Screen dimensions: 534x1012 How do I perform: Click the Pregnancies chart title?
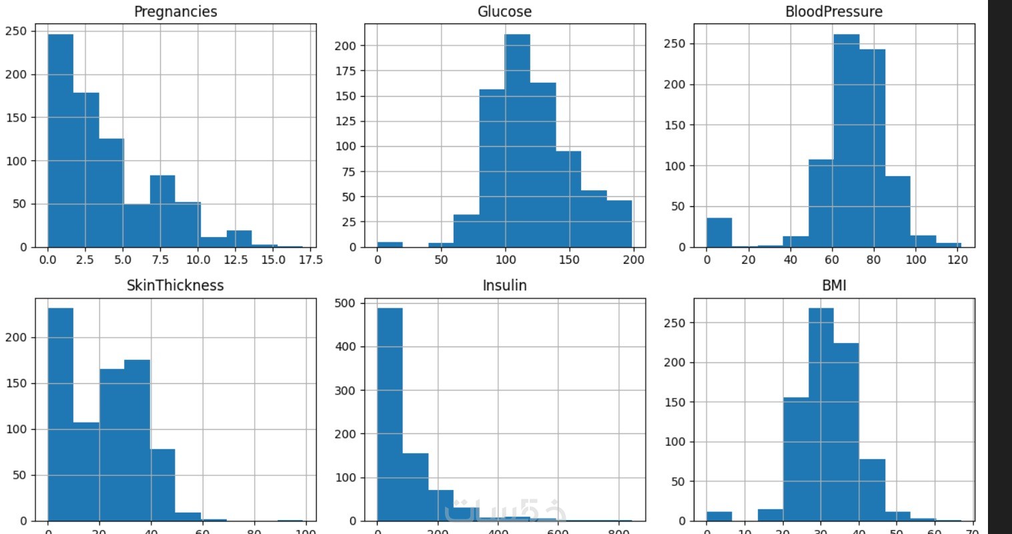tap(175, 11)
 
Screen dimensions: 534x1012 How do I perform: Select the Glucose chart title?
tap(504, 11)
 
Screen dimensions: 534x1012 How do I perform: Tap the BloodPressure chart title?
tap(833, 11)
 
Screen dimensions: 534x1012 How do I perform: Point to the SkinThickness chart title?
tap(175, 286)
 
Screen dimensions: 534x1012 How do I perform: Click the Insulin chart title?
tap(504, 286)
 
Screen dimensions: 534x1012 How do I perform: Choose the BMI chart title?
tap(834, 286)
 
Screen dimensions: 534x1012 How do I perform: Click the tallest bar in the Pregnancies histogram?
tap(60, 140)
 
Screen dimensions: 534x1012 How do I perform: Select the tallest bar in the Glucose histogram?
tap(517, 140)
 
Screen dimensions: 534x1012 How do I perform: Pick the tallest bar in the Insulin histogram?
tap(390, 414)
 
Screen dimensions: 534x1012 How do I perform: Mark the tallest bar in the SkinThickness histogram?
tap(60, 414)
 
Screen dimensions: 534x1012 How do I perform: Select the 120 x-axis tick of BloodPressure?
tap(957, 260)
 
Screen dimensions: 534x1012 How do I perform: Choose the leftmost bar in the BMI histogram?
tap(719, 516)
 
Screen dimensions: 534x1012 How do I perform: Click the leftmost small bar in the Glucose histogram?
tap(390, 244)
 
